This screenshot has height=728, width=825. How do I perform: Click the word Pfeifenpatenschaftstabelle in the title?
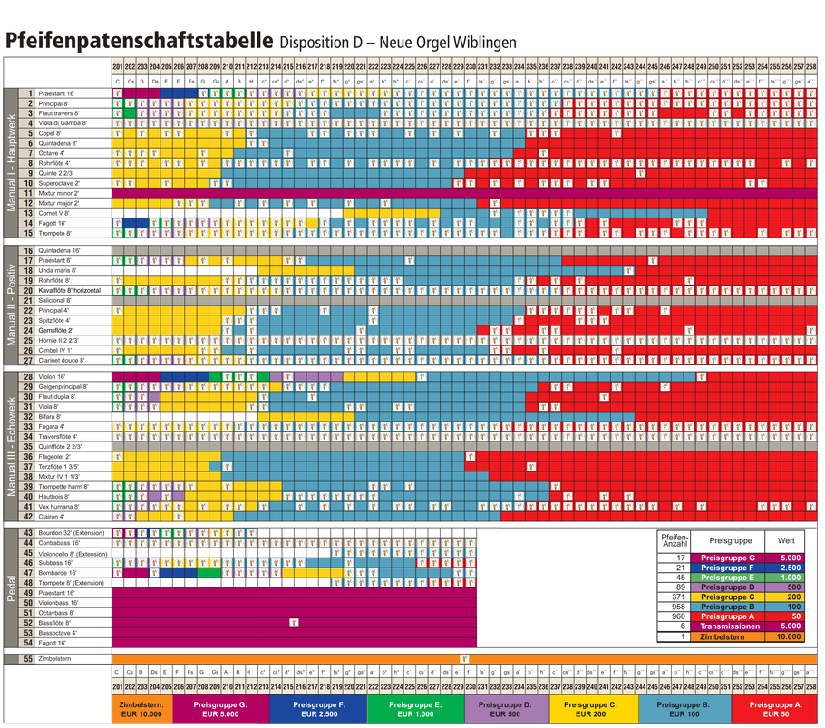click(x=139, y=42)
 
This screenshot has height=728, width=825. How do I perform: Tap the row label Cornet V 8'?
click(x=57, y=213)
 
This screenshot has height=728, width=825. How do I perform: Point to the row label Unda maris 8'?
click(x=59, y=270)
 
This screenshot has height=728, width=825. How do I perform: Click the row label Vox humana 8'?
click(x=59, y=507)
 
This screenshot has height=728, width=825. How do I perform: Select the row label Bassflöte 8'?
click(x=56, y=623)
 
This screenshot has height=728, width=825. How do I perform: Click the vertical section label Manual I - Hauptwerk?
click(x=12, y=163)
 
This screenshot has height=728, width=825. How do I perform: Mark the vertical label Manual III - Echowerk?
click(x=12, y=446)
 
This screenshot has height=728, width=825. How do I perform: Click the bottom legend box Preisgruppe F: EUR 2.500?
click(x=318, y=709)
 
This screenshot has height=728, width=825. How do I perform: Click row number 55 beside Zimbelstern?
click(x=28, y=658)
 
